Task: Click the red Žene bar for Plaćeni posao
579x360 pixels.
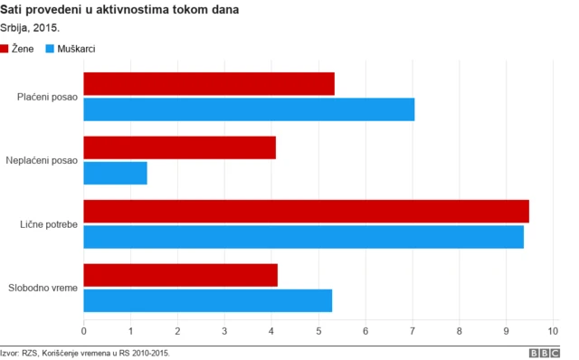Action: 209,83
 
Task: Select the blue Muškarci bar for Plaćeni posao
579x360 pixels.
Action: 249,109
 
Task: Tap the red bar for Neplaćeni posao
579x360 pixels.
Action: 179,147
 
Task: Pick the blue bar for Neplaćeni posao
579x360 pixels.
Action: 115,173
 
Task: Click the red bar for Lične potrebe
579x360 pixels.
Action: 306,211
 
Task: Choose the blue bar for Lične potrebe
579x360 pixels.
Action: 303,236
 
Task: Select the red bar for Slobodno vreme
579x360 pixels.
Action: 180,275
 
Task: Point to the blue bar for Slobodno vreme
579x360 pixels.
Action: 208,299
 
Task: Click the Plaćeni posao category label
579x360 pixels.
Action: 48,97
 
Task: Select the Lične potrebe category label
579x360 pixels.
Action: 48,223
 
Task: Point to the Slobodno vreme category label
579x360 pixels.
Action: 43,288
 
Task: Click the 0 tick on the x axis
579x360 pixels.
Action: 84,331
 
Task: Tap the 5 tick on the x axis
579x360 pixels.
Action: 318,331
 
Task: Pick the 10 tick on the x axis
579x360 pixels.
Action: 554,331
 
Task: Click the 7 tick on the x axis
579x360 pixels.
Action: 413,331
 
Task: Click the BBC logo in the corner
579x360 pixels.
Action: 545,353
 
